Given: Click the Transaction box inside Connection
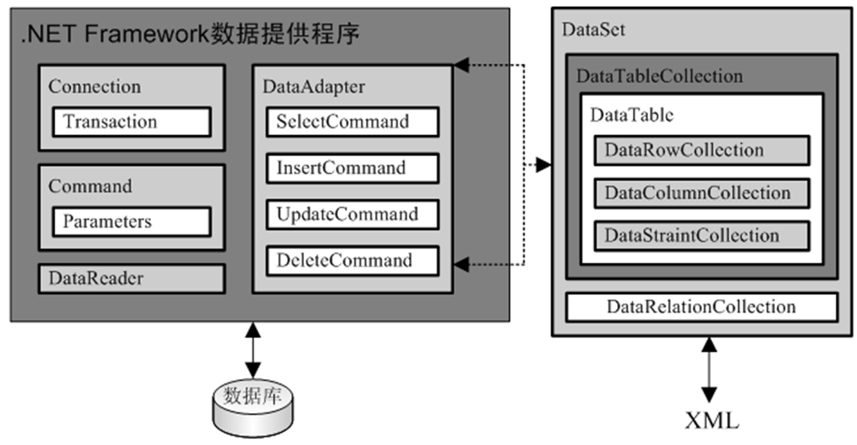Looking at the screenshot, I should pyautogui.click(x=131, y=122).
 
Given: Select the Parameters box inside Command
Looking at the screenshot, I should pyautogui.click(x=131, y=222).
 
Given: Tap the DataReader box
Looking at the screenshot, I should pyautogui.click(x=131, y=279).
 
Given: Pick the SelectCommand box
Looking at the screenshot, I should pyautogui.click(x=352, y=122).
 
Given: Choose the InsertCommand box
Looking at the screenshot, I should pyautogui.click(x=352, y=168).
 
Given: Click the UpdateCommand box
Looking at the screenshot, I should pyautogui.click(x=352, y=214).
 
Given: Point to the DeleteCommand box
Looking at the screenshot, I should pyautogui.click(x=352, y=261).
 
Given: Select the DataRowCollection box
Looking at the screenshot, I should pyautogui.click(x=701, y=150).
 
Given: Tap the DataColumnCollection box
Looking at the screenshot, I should pyautogui.click(x=701, y=193).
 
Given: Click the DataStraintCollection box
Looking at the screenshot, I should pyautogui.click(x=701, y=236).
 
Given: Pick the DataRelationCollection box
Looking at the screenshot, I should pyautogui.click(x=701, y=307).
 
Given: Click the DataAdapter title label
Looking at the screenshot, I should pyautogui.click(x=313, y=87).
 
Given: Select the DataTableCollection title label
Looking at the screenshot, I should pyautogui.click(x=659, y=76).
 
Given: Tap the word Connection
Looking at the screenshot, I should pyautogui.click(x=94, y=87).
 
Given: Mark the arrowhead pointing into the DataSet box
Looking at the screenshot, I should pyautogui.click(x=544, y=166).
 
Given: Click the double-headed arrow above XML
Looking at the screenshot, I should pyautogui.click(x=709, y=370).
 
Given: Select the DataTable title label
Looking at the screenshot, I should pyautogui.click(x=632, y=115).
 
